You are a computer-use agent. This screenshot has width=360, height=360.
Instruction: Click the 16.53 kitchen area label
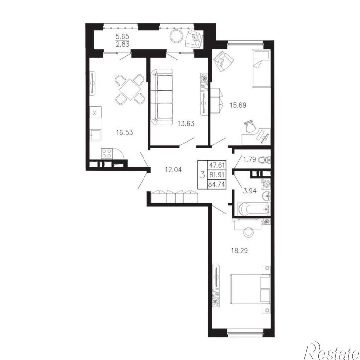point(125,132)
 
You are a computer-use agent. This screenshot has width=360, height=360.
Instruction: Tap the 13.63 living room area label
point(186,124)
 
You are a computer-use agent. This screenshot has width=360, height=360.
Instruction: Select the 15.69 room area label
point(238,105)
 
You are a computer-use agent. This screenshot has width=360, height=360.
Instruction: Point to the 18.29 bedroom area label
point(239,250)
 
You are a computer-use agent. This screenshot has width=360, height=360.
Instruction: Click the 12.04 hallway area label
point(173,170)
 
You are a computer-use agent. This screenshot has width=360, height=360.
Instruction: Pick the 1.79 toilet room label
point(250,159)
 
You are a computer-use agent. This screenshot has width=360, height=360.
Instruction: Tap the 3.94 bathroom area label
point(250,191)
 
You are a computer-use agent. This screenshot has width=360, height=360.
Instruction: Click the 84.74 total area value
point(216,184)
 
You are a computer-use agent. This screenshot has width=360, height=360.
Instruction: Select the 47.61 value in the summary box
point(216,165)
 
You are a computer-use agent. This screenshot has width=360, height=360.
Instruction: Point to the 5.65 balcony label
point(122,36)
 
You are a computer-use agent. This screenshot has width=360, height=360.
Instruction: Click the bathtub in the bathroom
point(254,209)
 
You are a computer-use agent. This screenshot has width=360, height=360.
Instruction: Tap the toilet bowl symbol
point(264,160)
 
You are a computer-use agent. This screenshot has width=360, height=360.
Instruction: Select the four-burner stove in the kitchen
point(107,153)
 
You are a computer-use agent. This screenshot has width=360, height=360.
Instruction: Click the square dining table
point(130,89)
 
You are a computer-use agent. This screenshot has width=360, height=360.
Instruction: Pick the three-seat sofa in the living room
point(162,97)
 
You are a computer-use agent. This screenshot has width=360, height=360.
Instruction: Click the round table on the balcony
point(177,36)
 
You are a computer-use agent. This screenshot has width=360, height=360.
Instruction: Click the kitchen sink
point(95,135)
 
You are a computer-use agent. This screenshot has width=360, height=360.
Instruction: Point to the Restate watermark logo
point(332,351)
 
